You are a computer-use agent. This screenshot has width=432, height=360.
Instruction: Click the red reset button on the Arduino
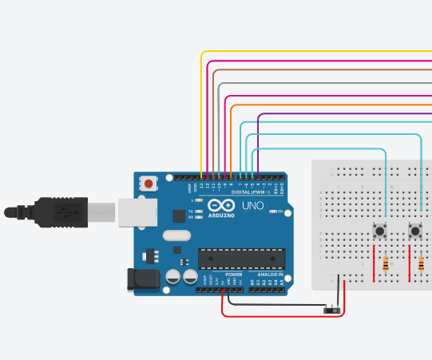click(x=149, y=184)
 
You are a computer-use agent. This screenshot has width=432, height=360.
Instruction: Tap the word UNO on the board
click(x=252, y=205)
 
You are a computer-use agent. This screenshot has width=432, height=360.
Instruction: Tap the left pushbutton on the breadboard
click(x=381, y=232)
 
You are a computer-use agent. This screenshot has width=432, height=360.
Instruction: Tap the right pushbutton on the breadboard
click(x=415, y=232)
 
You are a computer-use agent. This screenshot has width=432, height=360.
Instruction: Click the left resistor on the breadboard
click(x=386, y=263)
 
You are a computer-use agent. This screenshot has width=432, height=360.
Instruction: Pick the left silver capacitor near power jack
click(x=172, y=277)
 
